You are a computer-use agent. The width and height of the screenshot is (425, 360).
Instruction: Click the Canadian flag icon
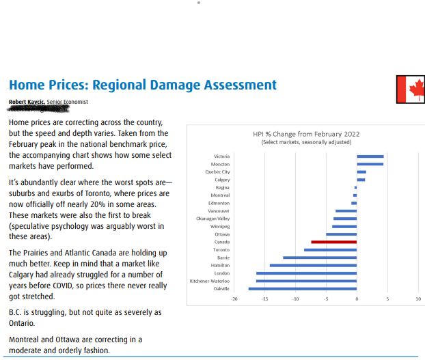pos(410,89)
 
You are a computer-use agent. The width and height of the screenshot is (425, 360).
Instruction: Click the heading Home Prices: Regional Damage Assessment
pos(142,85)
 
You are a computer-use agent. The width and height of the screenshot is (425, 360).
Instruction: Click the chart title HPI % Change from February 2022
pos(306,134)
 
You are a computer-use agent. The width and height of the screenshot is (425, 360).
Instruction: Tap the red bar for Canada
pos(333,242)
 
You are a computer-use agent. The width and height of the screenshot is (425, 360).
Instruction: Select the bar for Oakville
pos(302,288)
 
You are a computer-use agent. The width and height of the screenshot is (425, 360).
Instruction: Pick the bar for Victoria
pos(370,156)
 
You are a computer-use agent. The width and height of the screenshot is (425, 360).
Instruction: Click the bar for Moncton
pos(370,164)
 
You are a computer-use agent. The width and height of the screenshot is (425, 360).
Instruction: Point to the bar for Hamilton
pos(313,265)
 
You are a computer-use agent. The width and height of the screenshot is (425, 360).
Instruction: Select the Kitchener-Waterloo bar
pos(306,281)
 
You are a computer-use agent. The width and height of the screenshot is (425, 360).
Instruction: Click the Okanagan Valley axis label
pos(212,219)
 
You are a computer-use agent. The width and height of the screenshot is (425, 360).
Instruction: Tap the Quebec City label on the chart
pos(217,172)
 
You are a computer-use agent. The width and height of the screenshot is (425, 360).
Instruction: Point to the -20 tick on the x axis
pos(235,299)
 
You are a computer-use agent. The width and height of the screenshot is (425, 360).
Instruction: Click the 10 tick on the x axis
pos(417,299)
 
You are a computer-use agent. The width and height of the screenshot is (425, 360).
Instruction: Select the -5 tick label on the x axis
pos(326,299)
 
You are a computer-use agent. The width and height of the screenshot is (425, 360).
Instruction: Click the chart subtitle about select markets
pos(306,142)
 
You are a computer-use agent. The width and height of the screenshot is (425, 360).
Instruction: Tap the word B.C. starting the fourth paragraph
pos(16,312)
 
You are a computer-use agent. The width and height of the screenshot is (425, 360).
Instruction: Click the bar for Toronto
pos(330,250)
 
